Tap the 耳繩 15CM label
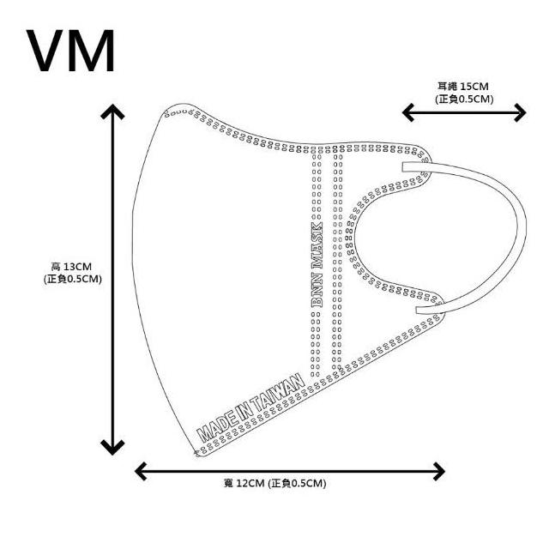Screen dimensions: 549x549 tap(463, 87)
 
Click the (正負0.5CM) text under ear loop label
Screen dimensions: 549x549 tap(464, 99)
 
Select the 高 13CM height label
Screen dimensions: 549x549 tap(72, 267)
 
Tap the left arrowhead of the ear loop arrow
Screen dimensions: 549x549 tap(408, 112)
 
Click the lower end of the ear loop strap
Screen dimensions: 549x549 tap(419, 311)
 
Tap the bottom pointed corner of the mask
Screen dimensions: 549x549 tap(194, 452)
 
